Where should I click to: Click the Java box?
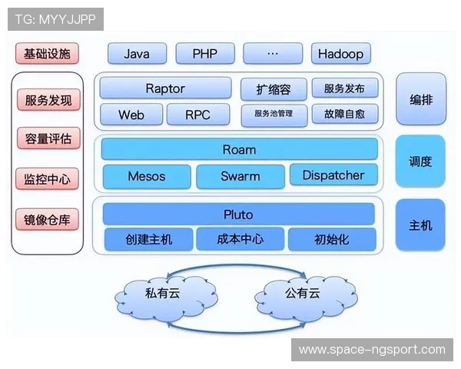pos(137,54)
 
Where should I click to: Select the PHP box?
pos(204,54)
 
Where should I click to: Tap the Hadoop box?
pos(341,54)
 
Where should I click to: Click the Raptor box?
pos(165,88)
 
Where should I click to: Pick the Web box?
pos(131,115)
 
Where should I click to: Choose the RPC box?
pos(197,115)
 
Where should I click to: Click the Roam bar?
pos(239,149)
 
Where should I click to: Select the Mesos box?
pos(146,175)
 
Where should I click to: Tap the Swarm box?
pos(240,175)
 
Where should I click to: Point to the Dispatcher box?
pos(333,175)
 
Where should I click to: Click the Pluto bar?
pos(238,214)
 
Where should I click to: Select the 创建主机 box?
pos(148,239)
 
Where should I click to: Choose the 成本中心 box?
pos(240,239)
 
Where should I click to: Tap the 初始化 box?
pos(332,239)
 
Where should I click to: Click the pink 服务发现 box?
pos(48,100)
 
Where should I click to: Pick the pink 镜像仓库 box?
pos(48,219)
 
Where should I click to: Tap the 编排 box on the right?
pos(420,99)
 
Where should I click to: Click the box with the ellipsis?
pos(273,54)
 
